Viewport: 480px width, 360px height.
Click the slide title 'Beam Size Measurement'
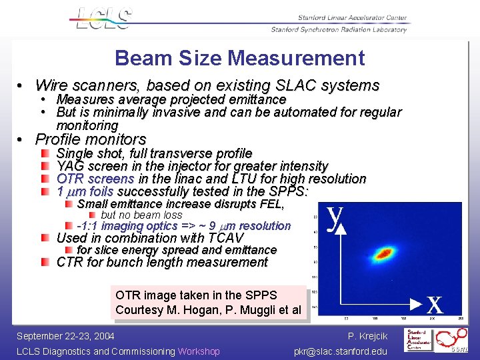pos(239,58)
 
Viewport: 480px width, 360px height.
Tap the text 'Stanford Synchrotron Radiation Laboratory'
pos(339,29)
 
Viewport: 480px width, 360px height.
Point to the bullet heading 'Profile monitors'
pos(90,139)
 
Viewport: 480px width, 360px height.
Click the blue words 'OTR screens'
pos(95,179)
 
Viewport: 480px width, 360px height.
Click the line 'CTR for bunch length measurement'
pos(162,262)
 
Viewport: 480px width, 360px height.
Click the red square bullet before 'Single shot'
pos(45,154)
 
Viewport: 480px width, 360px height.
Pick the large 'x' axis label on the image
pos(435,305)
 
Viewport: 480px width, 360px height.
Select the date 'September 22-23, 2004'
pos(65,336)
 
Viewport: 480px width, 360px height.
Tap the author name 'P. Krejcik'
pos(367,336)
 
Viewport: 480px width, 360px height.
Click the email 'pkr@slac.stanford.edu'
pos(340,351)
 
